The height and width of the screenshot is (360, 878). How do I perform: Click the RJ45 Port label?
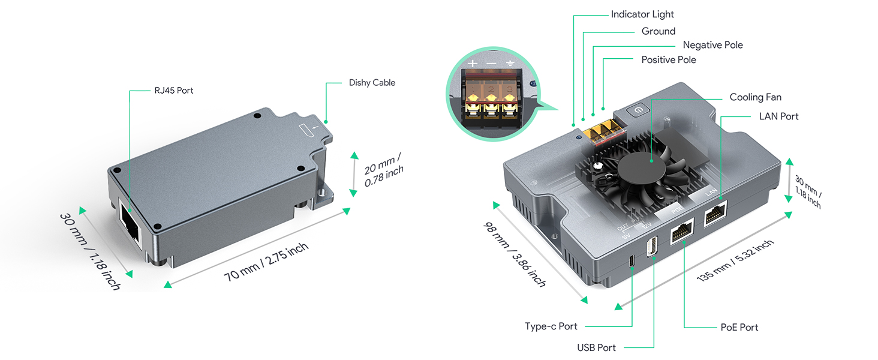click(174, 91)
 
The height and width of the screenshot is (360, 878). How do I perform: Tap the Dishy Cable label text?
click(372, 83)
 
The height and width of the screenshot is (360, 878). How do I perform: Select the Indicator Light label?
click(642, 14)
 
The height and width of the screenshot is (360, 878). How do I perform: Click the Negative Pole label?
click(712, 45)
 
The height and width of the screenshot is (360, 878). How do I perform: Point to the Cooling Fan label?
click(755, 97)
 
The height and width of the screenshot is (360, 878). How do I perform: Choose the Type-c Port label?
click(551, 326)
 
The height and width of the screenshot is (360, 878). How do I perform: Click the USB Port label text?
click(596, 347)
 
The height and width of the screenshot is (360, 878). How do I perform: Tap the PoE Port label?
click(739, 327)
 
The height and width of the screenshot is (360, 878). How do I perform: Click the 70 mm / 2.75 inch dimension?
click(266, 262)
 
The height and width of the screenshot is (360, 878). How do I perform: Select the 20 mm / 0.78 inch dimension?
click(383, 170)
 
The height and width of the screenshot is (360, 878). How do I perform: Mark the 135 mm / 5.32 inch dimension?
click(735, 260)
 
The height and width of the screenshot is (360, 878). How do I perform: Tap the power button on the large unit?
click(639, 109)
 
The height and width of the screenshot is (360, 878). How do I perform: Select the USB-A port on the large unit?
click(652, 246)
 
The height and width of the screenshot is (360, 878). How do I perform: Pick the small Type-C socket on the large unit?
click(632, 261)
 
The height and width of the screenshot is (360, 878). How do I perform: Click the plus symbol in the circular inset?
click(473, 63)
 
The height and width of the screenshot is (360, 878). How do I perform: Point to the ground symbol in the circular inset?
click(510, 63)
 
